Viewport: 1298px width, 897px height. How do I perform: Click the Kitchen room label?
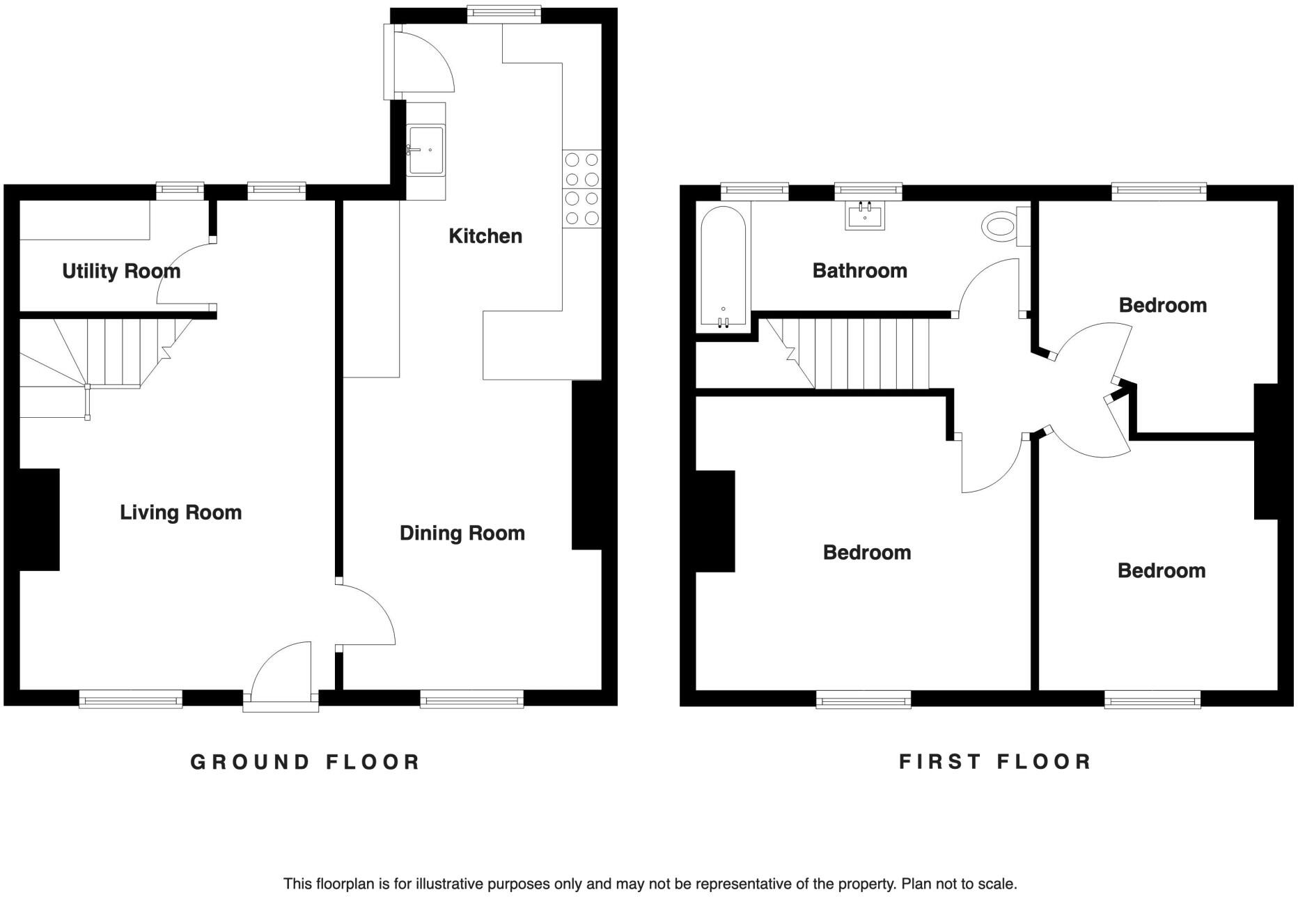pos(485,236)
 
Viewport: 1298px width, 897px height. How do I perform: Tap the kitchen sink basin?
pos(426,150)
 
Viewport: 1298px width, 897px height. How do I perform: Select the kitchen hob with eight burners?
pos(581,189)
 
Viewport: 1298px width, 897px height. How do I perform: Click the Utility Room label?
pos(121,271)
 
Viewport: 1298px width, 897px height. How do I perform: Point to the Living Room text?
pos(180,513)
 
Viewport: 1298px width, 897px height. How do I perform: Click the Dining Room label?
pos(462,533)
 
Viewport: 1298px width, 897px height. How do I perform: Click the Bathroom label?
pos(859,271)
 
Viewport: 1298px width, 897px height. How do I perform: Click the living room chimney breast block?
pos(39,520)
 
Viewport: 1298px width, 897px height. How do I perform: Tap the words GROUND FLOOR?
pos(305,762)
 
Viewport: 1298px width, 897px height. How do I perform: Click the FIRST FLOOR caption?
pos(995,762)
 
